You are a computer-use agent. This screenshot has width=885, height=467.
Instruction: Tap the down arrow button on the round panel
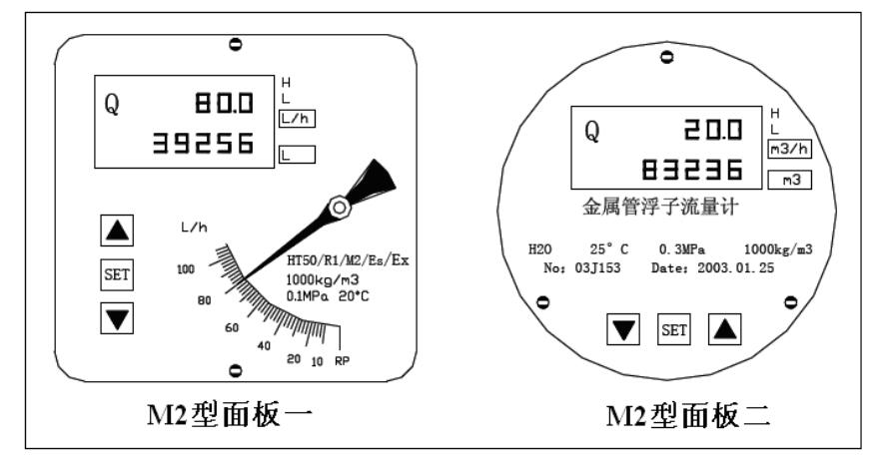[626, 329]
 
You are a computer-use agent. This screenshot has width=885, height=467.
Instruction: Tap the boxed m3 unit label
[789, 181]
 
